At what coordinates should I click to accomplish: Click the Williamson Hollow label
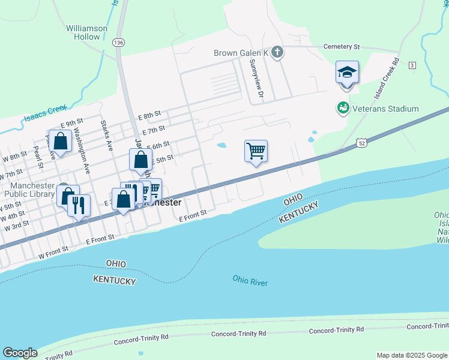87,32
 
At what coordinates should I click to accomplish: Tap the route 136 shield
119,43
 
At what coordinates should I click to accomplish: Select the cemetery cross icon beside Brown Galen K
277,53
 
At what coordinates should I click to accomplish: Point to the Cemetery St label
341,46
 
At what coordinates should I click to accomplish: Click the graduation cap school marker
347,73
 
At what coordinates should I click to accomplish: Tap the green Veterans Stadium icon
343,109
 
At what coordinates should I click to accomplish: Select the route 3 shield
412,65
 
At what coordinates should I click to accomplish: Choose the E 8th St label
149,114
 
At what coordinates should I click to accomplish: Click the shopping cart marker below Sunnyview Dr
256,151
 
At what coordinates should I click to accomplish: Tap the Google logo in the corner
20,353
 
